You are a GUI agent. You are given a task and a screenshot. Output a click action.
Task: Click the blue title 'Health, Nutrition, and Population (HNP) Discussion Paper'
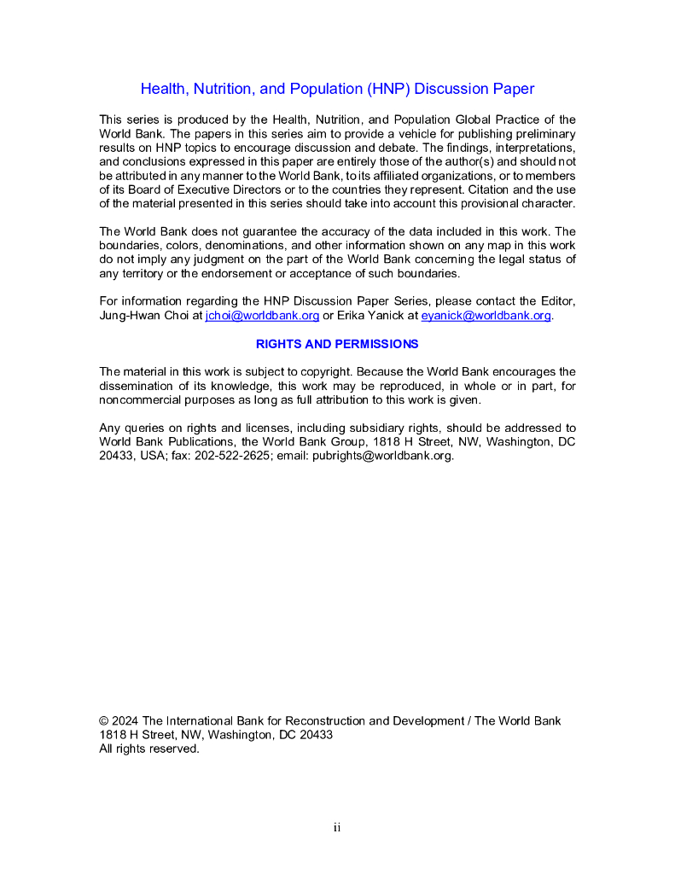[337, 89]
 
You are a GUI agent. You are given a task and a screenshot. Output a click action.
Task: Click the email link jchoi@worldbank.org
[263, 316]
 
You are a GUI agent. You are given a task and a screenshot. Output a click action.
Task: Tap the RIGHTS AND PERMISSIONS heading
[337, 344]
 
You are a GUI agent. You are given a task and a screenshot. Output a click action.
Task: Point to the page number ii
[337, 827]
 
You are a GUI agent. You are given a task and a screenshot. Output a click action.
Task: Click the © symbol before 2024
[104, 721]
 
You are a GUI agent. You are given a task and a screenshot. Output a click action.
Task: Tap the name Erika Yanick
[376, 316]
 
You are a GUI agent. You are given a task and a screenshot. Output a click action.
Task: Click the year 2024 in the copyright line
[125, 721]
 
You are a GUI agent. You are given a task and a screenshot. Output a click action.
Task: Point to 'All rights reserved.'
[149, 749]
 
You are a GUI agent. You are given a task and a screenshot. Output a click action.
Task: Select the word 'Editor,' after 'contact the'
[556, 301]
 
